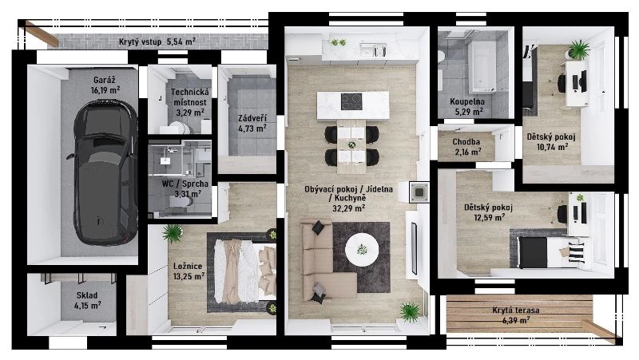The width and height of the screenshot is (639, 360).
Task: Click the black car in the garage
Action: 105,173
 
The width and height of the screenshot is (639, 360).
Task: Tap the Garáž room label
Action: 105,80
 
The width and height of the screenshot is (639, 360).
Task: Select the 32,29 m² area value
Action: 349,208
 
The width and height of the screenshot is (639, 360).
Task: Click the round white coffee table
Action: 362,249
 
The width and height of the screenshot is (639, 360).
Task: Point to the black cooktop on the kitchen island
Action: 351,102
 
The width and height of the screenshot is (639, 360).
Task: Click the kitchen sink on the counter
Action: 374,51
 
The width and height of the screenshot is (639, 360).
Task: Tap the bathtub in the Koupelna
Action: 482,66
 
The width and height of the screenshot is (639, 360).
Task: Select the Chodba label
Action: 466,142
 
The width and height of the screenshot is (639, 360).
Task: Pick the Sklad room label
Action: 87,295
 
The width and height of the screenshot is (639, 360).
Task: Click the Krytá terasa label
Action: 516,311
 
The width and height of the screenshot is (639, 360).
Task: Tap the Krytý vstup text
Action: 141,42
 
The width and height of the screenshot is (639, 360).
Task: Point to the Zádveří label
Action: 252,118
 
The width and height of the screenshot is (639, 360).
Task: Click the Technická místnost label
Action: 190,97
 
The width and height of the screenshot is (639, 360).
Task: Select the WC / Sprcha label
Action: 185,184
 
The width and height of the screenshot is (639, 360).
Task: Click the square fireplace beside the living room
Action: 419,192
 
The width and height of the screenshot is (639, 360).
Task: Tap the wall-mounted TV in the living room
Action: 414,248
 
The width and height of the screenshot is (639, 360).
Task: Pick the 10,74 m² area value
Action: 552,147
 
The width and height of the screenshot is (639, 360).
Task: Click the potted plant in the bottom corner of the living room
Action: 410,312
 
